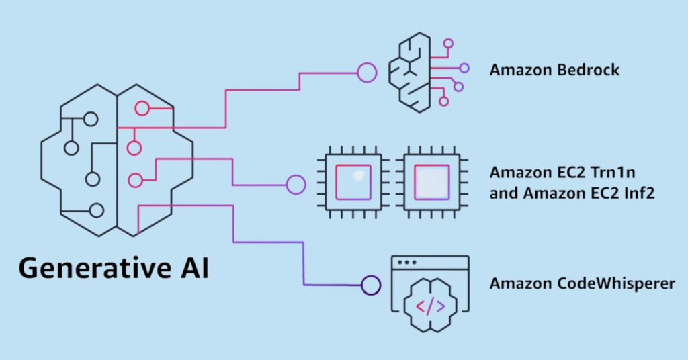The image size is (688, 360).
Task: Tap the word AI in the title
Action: coord(196,267)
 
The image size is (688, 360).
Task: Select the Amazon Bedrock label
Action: coord(554,70)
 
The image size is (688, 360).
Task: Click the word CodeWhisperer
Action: coord(615,283)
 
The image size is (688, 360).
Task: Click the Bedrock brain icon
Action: coord(429,73)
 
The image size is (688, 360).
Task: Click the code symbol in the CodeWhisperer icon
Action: coord(430,306)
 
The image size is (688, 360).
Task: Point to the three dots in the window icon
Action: coord(406,263)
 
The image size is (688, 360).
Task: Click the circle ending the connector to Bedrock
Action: coord(367,73)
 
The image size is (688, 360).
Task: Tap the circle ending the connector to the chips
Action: coord(296,185)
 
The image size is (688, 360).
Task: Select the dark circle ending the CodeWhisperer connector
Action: coord(371,285)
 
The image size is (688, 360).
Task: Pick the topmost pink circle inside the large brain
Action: coord(142,108)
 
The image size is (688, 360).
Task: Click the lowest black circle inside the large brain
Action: coord(97,210)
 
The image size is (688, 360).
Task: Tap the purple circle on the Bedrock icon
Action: coord(464,68)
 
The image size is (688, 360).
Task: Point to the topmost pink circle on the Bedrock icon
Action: coord(448,44)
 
